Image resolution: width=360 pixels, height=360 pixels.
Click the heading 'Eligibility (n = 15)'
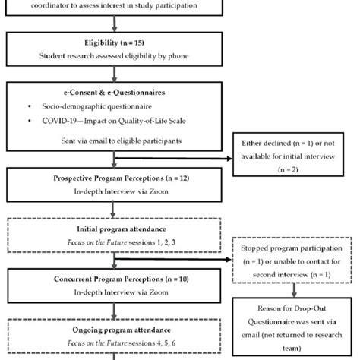[x=112, y=44]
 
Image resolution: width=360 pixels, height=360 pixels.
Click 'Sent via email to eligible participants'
[x=112, y=141]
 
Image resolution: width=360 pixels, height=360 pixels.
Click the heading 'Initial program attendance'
[x=112, y=229]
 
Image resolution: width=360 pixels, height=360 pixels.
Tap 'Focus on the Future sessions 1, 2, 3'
[x=112, y=242]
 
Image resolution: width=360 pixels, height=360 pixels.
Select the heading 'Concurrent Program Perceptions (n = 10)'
[x=112, y=279]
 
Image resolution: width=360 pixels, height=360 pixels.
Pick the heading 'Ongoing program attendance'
[x=112, y=330]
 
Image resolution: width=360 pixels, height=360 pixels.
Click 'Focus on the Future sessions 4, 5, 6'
[x=112, y=343]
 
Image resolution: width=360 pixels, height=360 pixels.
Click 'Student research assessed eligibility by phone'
[x=112, y=57]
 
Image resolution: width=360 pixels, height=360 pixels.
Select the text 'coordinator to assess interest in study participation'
[x=112, y=5]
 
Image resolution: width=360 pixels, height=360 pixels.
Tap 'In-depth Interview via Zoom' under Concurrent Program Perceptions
[x=112, y=292]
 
